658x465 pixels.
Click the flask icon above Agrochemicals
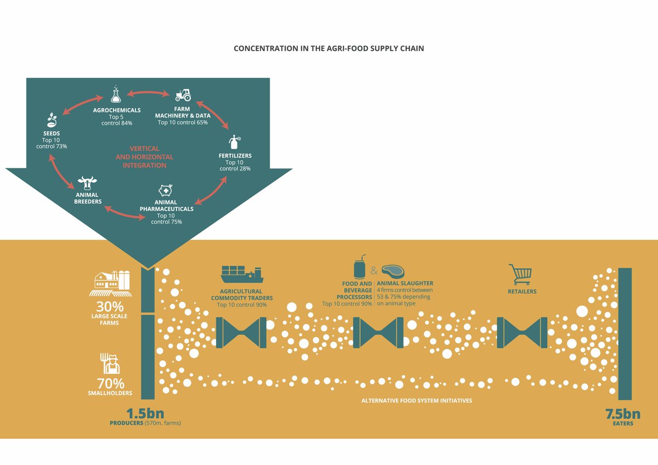point(115,95)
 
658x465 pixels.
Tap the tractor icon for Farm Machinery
point(183,95)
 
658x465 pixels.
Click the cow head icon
point(87,183)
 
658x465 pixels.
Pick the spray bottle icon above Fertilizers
point(235,143)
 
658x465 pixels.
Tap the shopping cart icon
point(520,273)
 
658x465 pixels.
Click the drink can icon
point(359,267)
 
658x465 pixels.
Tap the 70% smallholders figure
point(110,384)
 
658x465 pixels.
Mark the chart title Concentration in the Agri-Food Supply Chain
point(329,48)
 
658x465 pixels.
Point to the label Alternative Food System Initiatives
point(416,401)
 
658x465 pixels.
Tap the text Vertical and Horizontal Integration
point(144,157)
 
